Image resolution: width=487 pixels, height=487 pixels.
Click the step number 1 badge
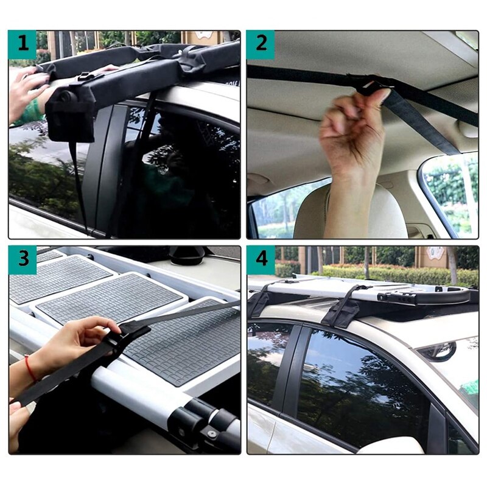tap(23, 44)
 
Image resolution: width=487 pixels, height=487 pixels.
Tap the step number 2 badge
tap(261, 44)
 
